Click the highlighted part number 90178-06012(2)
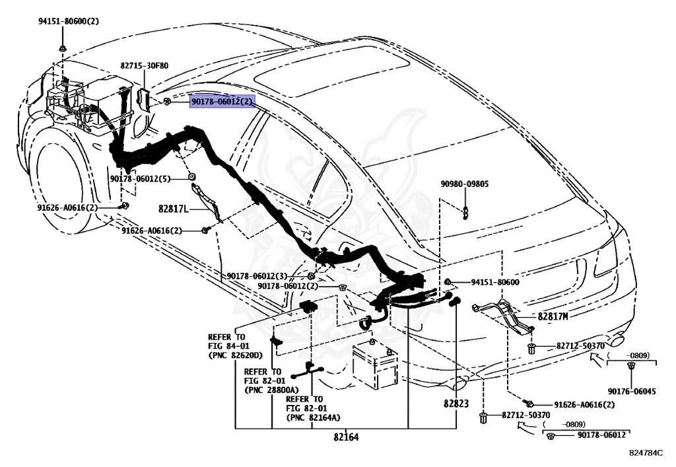(222, 102)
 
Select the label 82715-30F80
(145, 66)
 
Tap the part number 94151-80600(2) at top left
(68, 21)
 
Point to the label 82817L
(173, 209)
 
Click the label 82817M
(553, 316)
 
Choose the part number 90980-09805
(465, 184)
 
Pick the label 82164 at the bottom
(347, 437)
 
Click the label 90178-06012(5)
(140, 179)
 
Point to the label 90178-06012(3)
(257, 276)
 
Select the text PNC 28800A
(271, 390)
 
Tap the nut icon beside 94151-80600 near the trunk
(448, 282)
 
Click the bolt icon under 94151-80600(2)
(61, 48)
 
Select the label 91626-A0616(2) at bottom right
(584, 405)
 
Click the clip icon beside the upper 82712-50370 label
(531, 347)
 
